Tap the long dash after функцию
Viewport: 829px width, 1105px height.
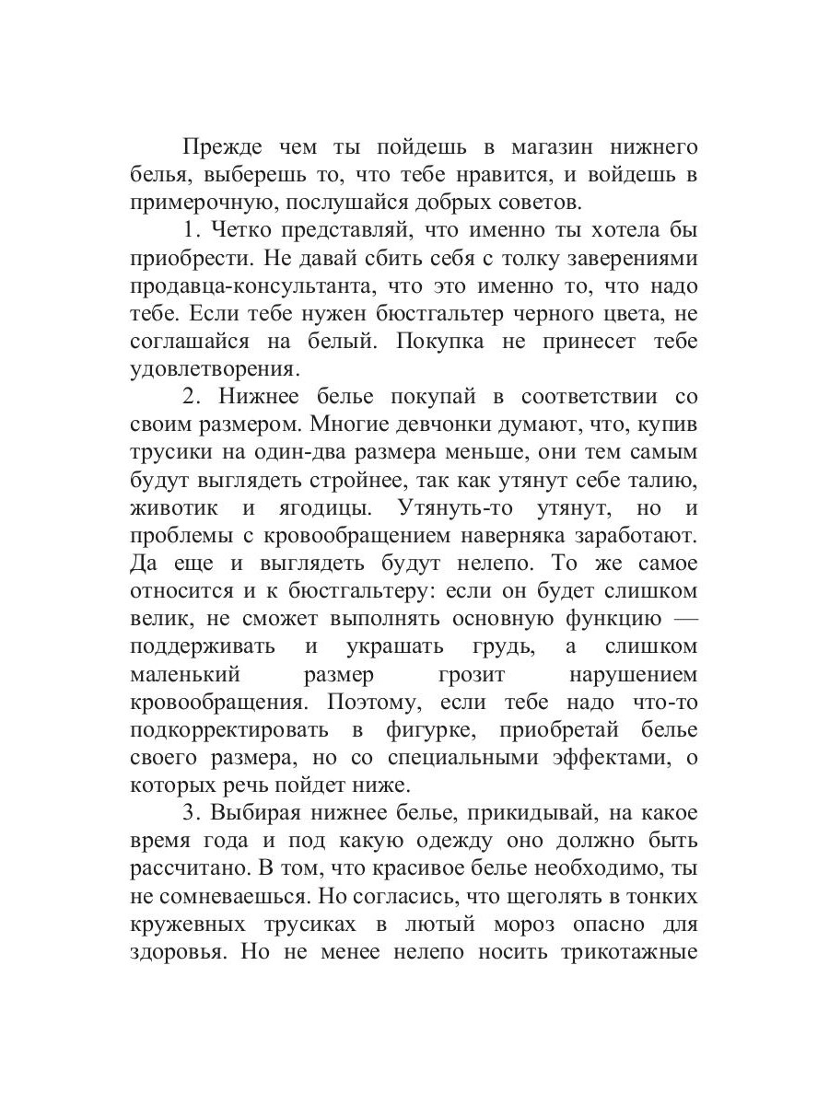tap(678, 619)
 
